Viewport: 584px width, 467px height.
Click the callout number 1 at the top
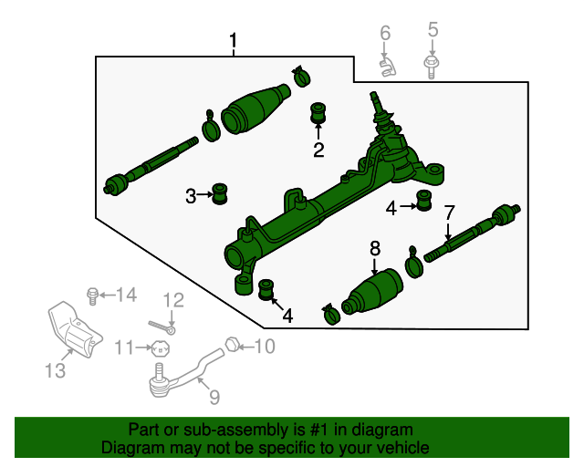click(x=234, y=41)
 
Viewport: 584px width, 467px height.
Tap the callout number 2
click(x=318, y=150)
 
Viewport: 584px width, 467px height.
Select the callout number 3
click(x=192, y=195)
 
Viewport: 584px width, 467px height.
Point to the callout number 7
click(x=449, y=213)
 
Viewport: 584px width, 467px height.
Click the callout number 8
click(x=374, y=247)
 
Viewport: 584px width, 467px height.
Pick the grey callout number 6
click(x=385, y=34)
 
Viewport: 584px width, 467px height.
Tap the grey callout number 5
click(x=433, y=29)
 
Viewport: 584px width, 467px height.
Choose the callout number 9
click(x=214, y=397)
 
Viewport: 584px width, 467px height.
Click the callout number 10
click(x=264, y=346)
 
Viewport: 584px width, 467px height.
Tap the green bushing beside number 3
click(x=220, y=193)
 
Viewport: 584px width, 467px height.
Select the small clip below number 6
click(x=388, y=67)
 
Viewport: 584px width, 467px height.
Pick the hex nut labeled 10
click(x=232, y=345)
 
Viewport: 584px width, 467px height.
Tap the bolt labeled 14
click(x=92, y=295)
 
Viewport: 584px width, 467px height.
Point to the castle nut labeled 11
click(x=161, y=347)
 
